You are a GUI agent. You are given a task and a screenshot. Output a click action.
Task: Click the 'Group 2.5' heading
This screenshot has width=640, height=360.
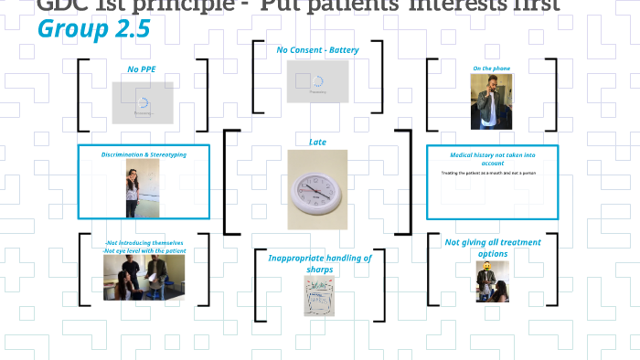[94, 30]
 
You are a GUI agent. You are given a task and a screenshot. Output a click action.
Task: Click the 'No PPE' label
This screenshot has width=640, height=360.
[142, 69]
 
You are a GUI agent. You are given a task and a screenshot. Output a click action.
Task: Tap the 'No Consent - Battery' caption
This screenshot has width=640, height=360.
[317, 49]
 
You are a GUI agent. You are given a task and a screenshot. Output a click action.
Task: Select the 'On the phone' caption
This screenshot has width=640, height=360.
[490, 69]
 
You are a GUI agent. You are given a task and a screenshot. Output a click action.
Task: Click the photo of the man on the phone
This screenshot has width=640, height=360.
[490, 101]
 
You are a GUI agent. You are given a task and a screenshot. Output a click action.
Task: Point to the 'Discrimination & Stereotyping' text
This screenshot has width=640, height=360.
[144, 154]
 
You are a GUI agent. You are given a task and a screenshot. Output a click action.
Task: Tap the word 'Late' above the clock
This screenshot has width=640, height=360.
[317, 142]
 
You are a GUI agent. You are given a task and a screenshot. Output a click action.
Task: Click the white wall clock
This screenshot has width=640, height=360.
[317, 190]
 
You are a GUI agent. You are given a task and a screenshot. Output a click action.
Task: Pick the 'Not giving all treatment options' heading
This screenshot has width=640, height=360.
[493, 248]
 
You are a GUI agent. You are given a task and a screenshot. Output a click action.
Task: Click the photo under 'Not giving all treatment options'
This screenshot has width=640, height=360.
[492, 281]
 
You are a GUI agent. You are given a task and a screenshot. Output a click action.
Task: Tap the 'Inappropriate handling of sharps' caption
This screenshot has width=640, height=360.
[320, 263]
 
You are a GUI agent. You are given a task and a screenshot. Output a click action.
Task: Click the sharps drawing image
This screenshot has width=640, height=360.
[320, 296]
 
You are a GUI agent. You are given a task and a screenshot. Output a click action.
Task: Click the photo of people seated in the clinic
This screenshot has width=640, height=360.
[144, 278]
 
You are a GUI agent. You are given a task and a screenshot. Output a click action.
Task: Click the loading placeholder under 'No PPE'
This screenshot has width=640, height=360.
[143, 102]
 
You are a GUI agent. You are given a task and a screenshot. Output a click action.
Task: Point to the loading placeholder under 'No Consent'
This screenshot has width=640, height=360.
[317, 80]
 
